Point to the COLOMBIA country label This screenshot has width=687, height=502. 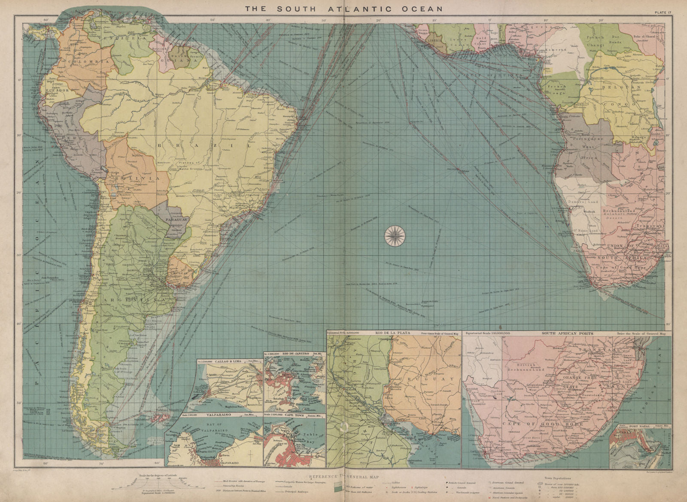tap(85, 62)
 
